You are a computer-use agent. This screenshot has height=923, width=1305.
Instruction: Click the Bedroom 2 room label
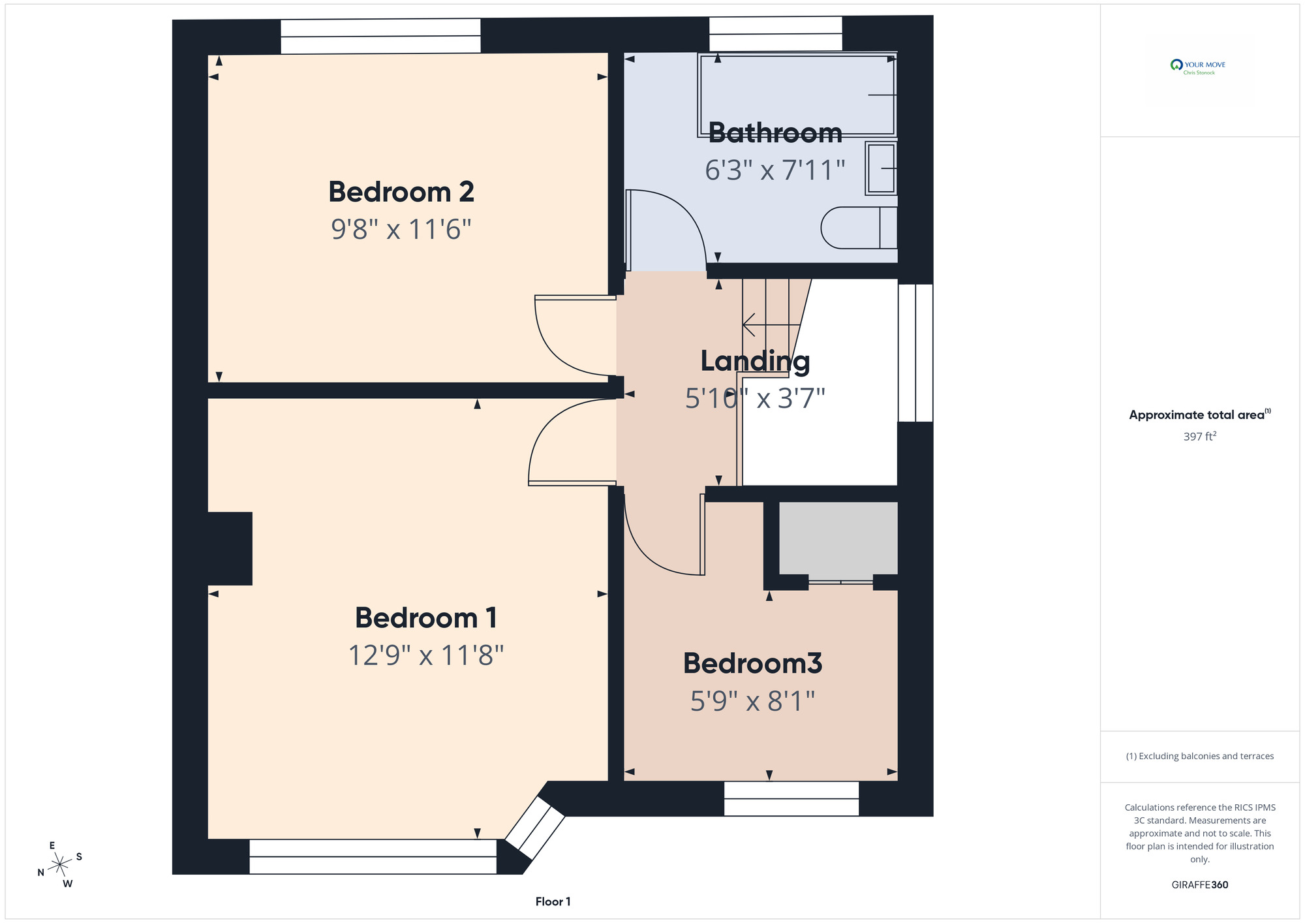401,192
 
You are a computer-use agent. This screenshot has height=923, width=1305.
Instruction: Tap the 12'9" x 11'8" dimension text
426,655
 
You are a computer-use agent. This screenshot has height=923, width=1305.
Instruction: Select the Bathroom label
775,133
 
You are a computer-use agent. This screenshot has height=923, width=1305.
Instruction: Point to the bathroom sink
881,168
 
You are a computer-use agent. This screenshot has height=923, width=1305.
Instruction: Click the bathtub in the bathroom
797,95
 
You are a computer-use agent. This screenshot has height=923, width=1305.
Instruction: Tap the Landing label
755,362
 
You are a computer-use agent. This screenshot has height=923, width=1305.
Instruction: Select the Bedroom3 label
752,663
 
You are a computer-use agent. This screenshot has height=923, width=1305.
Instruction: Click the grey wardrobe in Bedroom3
838,538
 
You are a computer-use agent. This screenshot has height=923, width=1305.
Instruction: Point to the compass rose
60,864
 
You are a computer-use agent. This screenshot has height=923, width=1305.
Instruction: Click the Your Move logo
1198,67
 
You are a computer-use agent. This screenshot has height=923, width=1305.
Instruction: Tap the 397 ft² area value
1200,436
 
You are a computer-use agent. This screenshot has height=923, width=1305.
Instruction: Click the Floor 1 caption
553,901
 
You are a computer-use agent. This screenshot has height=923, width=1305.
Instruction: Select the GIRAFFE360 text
1200,885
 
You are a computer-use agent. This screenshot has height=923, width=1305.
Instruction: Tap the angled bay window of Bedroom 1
535,828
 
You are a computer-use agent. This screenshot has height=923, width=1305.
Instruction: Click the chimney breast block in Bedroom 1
230,548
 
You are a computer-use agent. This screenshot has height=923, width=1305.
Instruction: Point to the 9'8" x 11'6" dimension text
401,229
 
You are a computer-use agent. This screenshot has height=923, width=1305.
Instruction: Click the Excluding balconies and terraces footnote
1200,756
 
